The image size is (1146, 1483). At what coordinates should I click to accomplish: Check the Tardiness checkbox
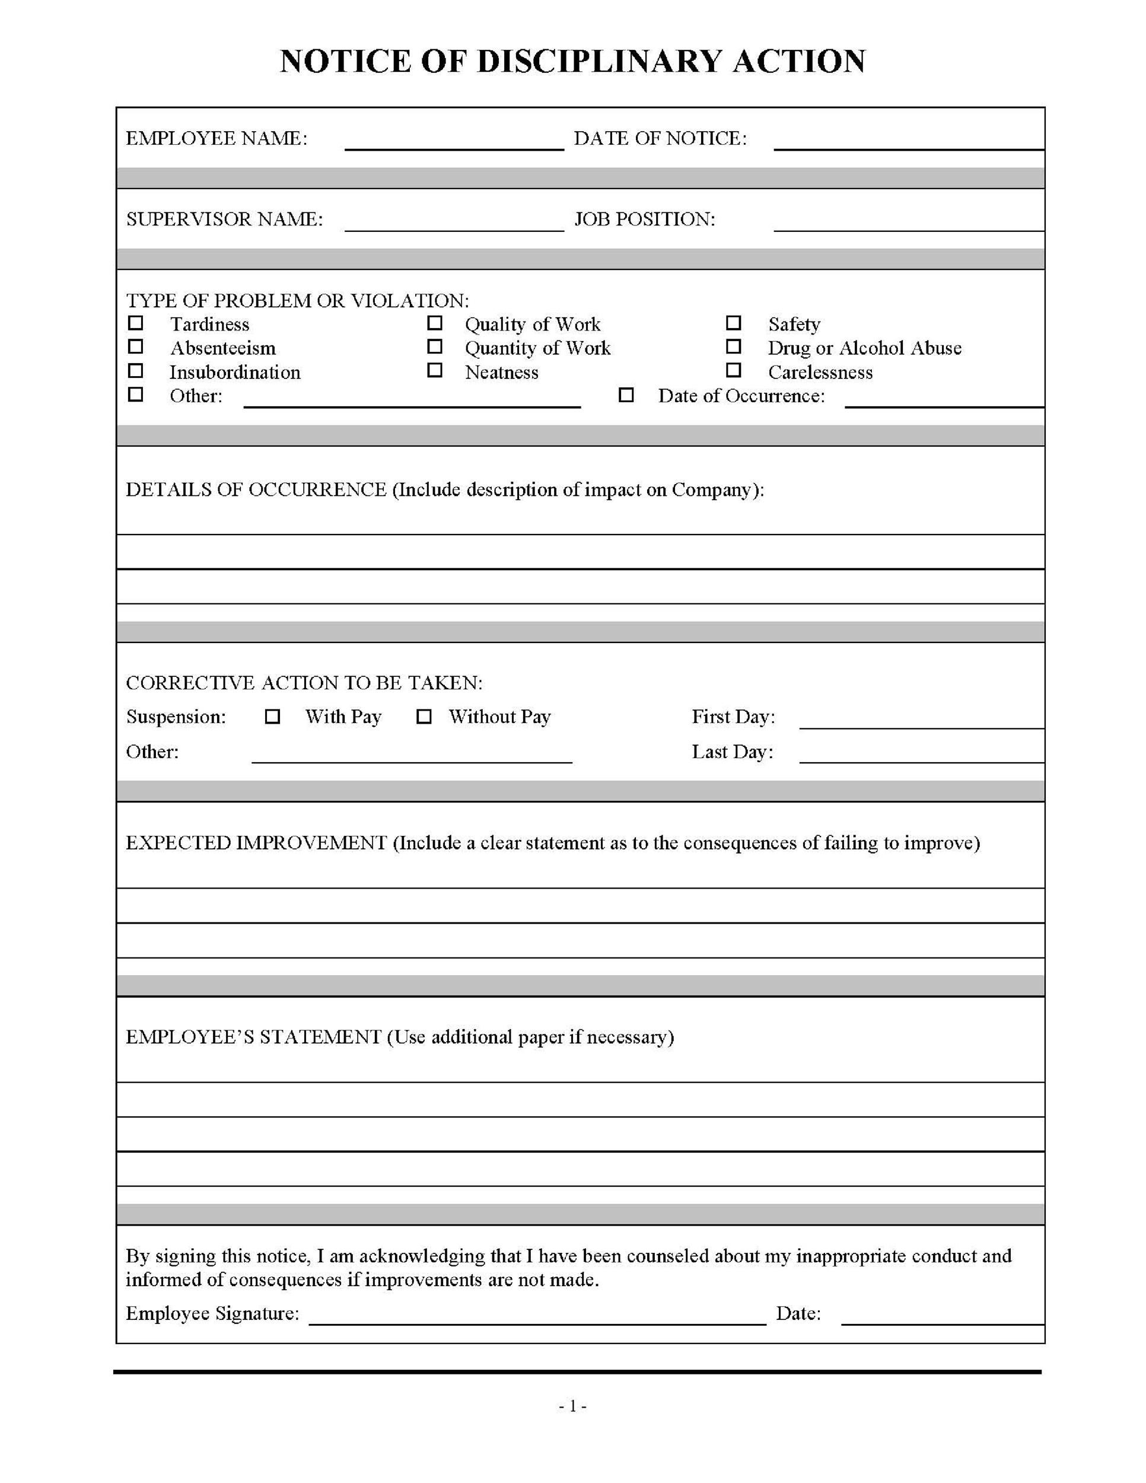(x=136, y=323)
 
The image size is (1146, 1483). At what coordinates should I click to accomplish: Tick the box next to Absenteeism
(x=136, y=347)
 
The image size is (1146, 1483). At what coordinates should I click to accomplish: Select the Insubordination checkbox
(x=136, y=371)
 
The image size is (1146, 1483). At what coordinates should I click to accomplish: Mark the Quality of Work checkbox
(x=435, y=323)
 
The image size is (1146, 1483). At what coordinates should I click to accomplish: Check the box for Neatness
(x=435, y=371)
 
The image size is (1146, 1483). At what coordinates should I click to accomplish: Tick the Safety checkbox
(x=733, y=323)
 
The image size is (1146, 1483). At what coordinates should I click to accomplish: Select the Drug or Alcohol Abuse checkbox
(x=733, y=347)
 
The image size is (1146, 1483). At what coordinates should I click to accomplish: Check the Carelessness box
(x=733, y=371)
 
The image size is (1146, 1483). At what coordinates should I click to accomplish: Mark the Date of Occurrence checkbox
(x=626, y=395)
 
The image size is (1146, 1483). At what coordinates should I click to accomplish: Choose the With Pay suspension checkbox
(x=272, y=717)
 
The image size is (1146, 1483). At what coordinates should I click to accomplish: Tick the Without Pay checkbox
(x=424, y=717)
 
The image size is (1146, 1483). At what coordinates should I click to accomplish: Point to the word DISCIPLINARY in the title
(x=599, y=61)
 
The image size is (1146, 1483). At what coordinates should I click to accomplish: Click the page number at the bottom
(x=572, y=1406)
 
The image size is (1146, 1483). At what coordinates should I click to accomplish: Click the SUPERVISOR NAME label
(x=224, y=219)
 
